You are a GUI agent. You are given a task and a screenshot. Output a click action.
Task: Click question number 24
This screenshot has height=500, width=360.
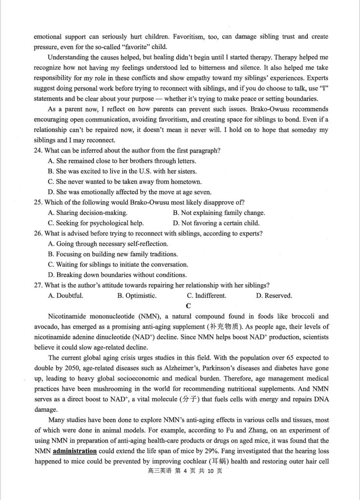click(39, 150)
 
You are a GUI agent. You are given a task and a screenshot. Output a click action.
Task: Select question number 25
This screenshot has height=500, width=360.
click(39, 202)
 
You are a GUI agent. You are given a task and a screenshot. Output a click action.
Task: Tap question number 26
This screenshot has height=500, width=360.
click(39, 233)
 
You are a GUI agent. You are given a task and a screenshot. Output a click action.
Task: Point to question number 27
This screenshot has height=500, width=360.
click(39, 285)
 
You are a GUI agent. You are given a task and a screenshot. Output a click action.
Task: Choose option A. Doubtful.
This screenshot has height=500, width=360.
click(66, 296)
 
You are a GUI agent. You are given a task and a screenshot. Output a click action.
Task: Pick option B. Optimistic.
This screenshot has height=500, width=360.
click(137, 296)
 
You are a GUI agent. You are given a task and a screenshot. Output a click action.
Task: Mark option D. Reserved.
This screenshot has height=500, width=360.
click(274, 296)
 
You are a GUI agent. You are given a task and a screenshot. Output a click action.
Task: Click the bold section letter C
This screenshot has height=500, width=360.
click(180, 306)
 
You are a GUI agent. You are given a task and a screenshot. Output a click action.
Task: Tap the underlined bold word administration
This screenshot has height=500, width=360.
click(74, 451)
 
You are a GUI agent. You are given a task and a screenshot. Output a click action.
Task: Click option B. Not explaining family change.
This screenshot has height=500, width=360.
click(219, 212)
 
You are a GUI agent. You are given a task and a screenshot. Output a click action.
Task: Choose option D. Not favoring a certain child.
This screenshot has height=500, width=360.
click(216, 223)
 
